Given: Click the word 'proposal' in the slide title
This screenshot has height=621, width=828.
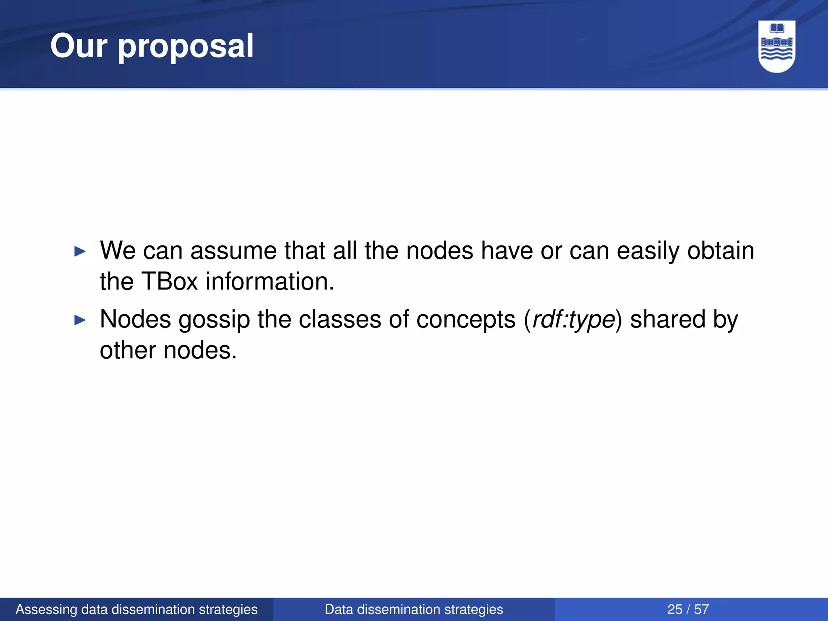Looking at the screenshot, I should tap(186, 47).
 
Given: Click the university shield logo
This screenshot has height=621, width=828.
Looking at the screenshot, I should tap(776, 46).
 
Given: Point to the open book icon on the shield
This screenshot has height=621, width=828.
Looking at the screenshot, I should tap(777, 28).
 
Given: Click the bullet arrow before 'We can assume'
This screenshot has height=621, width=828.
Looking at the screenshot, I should tap(80, 252).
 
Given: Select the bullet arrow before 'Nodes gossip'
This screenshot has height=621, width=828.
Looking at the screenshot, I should tap(80, 321).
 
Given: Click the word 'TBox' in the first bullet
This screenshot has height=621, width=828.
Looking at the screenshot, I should tap(169, 281).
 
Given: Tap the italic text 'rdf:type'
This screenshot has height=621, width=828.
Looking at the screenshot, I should tap(574, 320).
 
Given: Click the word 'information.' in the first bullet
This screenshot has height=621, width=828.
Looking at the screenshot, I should tap(270, 281).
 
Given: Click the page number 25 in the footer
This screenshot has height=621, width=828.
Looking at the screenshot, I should tap(675, 609).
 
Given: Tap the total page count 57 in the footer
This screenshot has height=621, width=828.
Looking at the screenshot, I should tap(701, 609).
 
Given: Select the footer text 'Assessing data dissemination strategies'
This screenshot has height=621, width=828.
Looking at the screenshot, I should tap(137, 609).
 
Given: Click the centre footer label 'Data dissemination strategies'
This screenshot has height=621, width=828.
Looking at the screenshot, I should tap(414, 609).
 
